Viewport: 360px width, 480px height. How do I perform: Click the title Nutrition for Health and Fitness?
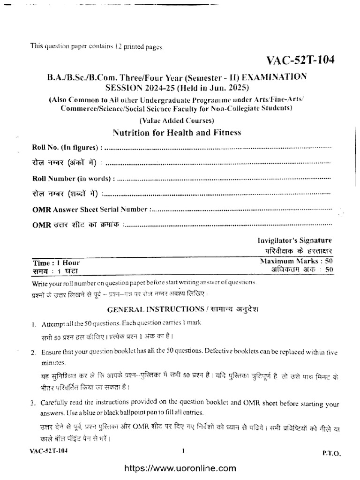coord(177,133)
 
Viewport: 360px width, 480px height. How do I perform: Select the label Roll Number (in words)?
coord(73,179)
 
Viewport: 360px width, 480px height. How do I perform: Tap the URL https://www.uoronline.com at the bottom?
coord(180,468)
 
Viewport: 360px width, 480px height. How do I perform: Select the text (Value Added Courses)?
coord(177,120)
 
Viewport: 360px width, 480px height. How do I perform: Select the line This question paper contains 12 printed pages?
coord(97,46)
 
